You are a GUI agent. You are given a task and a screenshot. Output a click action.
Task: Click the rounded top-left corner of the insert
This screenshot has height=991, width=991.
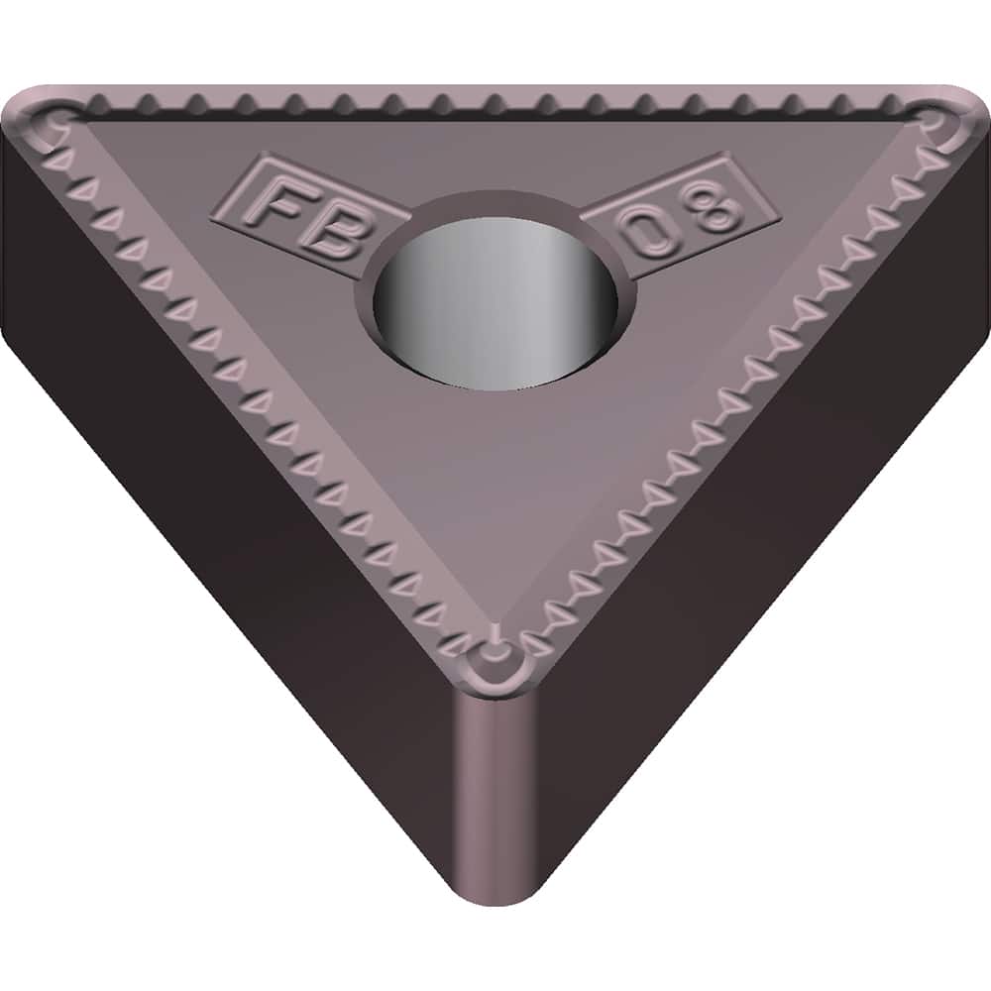(x=30, y=114)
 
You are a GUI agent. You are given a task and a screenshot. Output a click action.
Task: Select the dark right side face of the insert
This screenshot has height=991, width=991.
(x=773, y=515)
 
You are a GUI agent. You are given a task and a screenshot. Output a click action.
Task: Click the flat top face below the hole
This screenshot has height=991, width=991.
(x=495, y=476)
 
